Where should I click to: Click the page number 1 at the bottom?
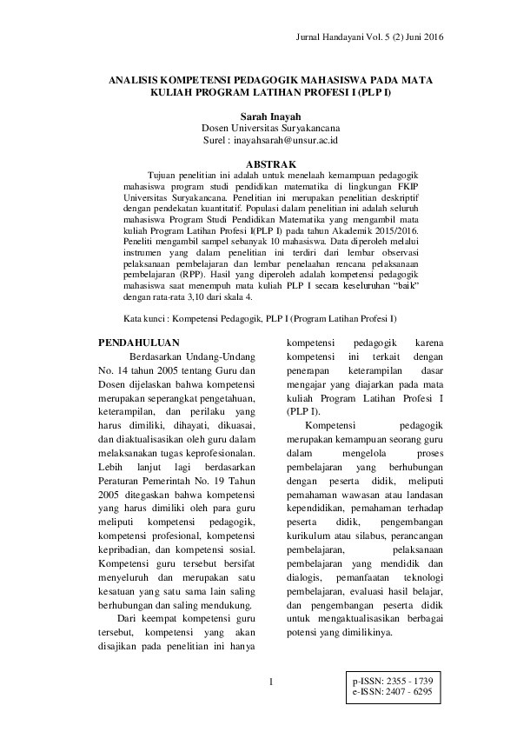click(271, 681)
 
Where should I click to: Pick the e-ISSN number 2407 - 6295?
click(408, 691)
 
